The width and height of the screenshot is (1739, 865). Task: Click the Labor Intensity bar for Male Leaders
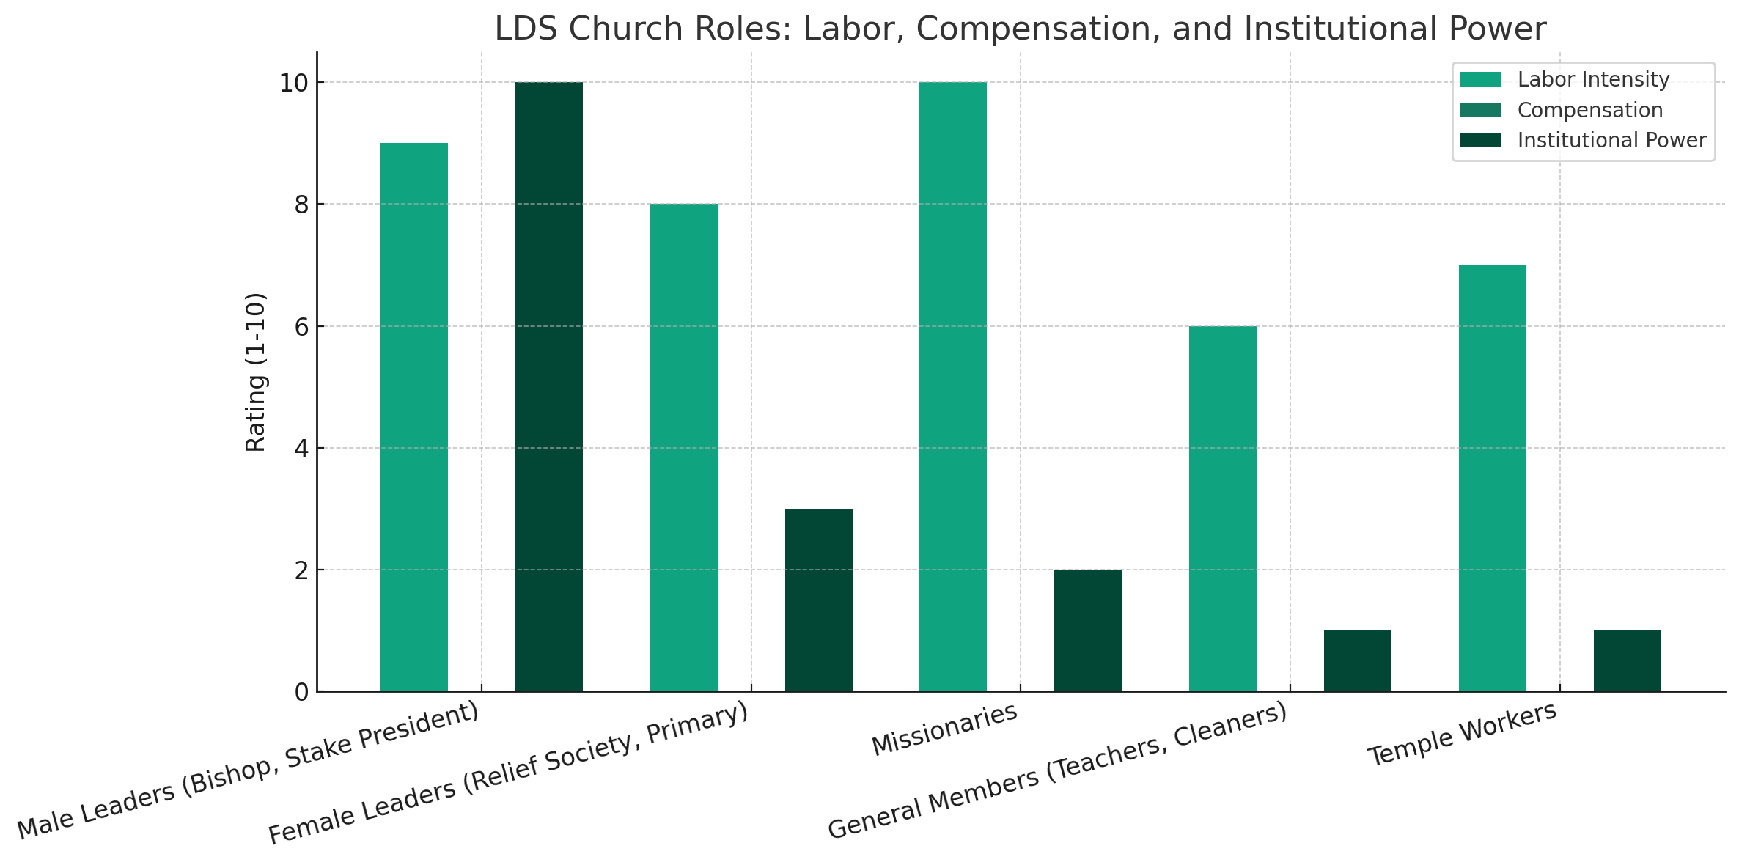pos(414,417)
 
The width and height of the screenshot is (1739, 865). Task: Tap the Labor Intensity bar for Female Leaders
pos(684,447)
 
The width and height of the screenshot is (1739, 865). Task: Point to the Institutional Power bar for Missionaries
pos(1088,630)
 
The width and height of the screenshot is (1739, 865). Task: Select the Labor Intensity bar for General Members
pos(1223,509)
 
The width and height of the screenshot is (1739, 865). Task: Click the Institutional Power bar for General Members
pos(1358,660)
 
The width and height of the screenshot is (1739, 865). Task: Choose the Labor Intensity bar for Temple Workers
pos(1493,478)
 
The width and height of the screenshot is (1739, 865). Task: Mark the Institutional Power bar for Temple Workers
pos(1628,660)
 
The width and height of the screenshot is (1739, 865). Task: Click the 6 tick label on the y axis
pos(301,327)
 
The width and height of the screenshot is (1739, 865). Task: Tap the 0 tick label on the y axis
pos(301,692)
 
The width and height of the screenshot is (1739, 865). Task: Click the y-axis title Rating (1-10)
pos(255,372)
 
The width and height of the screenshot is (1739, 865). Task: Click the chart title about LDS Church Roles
pos(1021,29)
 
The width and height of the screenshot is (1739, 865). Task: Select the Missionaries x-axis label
pos(945,729)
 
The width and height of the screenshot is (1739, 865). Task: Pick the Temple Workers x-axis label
pos(1463,734)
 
